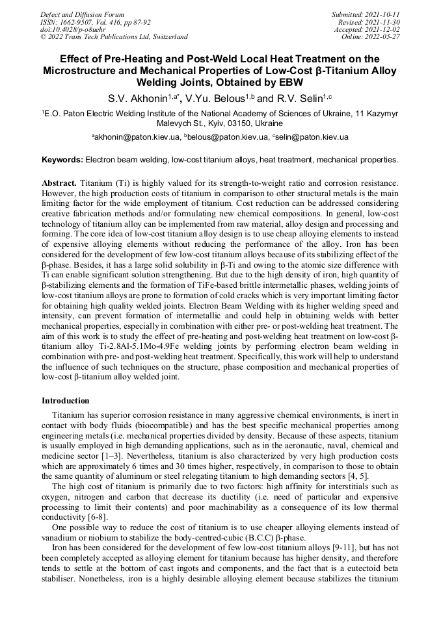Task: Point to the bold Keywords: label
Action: click(62, 159)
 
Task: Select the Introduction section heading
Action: click(66, 401)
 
